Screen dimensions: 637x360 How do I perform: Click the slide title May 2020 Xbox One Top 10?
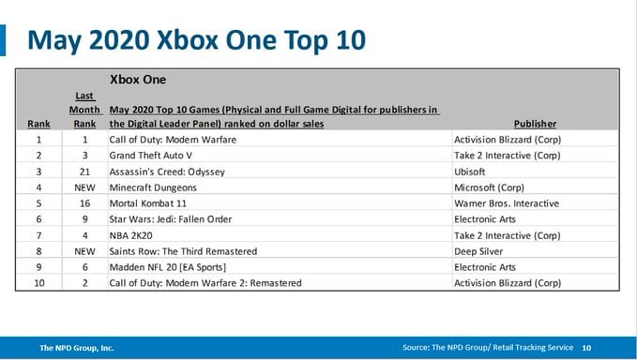coord(197,40)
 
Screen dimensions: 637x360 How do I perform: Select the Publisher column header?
coord(535,124)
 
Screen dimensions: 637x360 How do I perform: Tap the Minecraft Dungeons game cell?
coord(153,187)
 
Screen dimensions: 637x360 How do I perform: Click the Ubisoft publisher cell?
coord(470,172)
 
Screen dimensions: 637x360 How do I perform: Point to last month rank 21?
coord(84,172)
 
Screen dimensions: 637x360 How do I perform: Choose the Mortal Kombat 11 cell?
coord(148,203)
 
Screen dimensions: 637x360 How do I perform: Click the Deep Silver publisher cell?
coord(478,251)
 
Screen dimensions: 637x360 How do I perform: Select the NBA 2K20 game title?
coord(130,235)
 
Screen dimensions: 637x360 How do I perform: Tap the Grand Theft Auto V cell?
coord(150,156)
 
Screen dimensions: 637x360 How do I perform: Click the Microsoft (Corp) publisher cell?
coord(489,187)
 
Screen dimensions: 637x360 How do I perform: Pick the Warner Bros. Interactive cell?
coord(507,203)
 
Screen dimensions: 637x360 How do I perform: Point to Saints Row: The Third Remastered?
coord(183,251)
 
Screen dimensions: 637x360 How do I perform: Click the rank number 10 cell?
coord(39,283)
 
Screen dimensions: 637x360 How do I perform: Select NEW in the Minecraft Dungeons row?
coord(84,187)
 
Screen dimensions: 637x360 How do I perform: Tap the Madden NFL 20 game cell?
coord(167,267)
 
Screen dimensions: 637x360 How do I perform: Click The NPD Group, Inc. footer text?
coord(76,348)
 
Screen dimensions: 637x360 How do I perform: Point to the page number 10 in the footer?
coord(586,348)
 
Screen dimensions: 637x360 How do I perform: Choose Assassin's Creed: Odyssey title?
coord(167,172)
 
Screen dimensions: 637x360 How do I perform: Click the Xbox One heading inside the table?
coord(138,80)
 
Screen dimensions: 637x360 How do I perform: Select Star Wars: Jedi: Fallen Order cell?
coord(171,219)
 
